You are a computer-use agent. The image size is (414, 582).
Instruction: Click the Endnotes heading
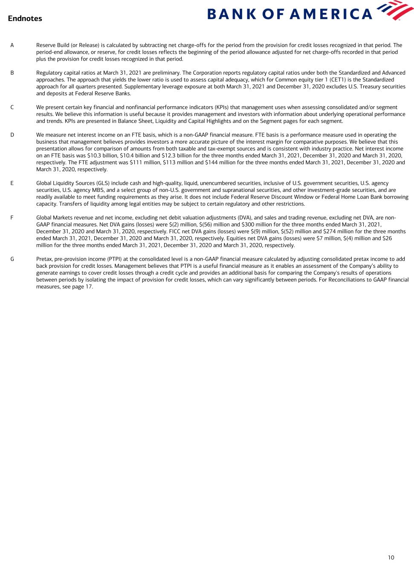(x=25, y=18)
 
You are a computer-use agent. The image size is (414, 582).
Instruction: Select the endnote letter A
(x=12, y=45)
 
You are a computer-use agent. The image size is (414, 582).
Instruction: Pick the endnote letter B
(x=12, y=73)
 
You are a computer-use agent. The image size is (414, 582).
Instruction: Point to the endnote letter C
(x=12, y=107)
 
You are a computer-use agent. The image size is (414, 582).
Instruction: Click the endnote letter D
(x=12, y=135)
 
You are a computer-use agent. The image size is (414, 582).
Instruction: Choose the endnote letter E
(x=12, y=183)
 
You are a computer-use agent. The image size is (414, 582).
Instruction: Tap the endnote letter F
(x=12, y=218)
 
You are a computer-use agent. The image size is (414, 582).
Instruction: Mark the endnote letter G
(x=12, y=259)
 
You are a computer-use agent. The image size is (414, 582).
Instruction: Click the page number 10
(x=391, y=557)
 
